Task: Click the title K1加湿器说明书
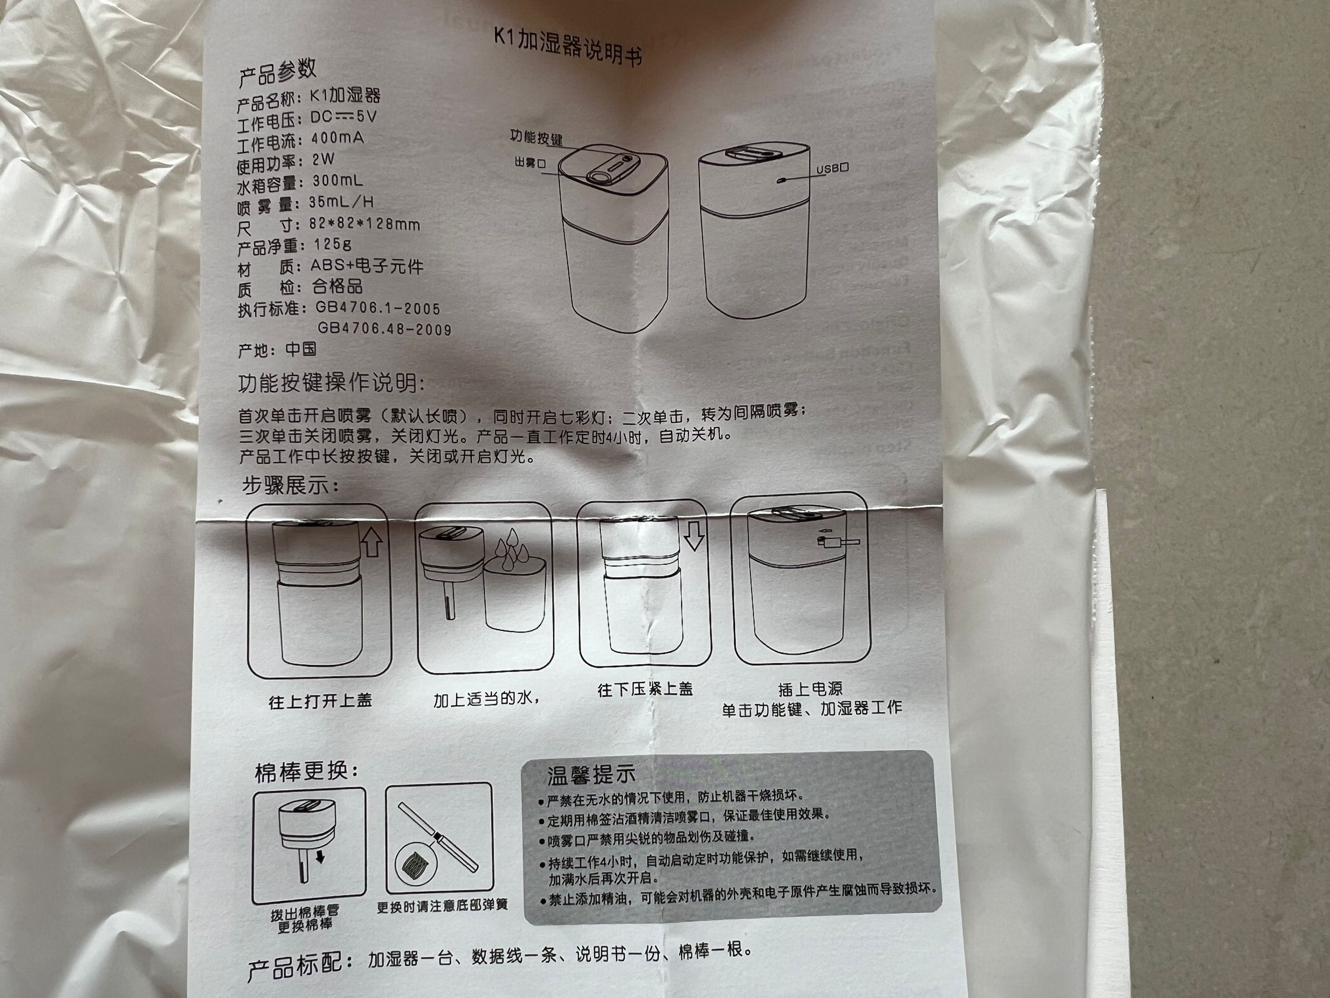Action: tap(567, 46)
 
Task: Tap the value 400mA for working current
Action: tap(337, 139)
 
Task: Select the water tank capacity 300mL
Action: tap(337, 180)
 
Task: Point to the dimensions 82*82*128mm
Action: tap(364, 224)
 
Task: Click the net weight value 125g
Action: tap(332, 245)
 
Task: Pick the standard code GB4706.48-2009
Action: tap(384, 329)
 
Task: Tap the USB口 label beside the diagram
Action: tap(831, 169)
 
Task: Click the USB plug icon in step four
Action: tap(838, 542)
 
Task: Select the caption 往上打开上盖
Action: tap(320, 701)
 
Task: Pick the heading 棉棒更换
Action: tap(307, 772)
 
